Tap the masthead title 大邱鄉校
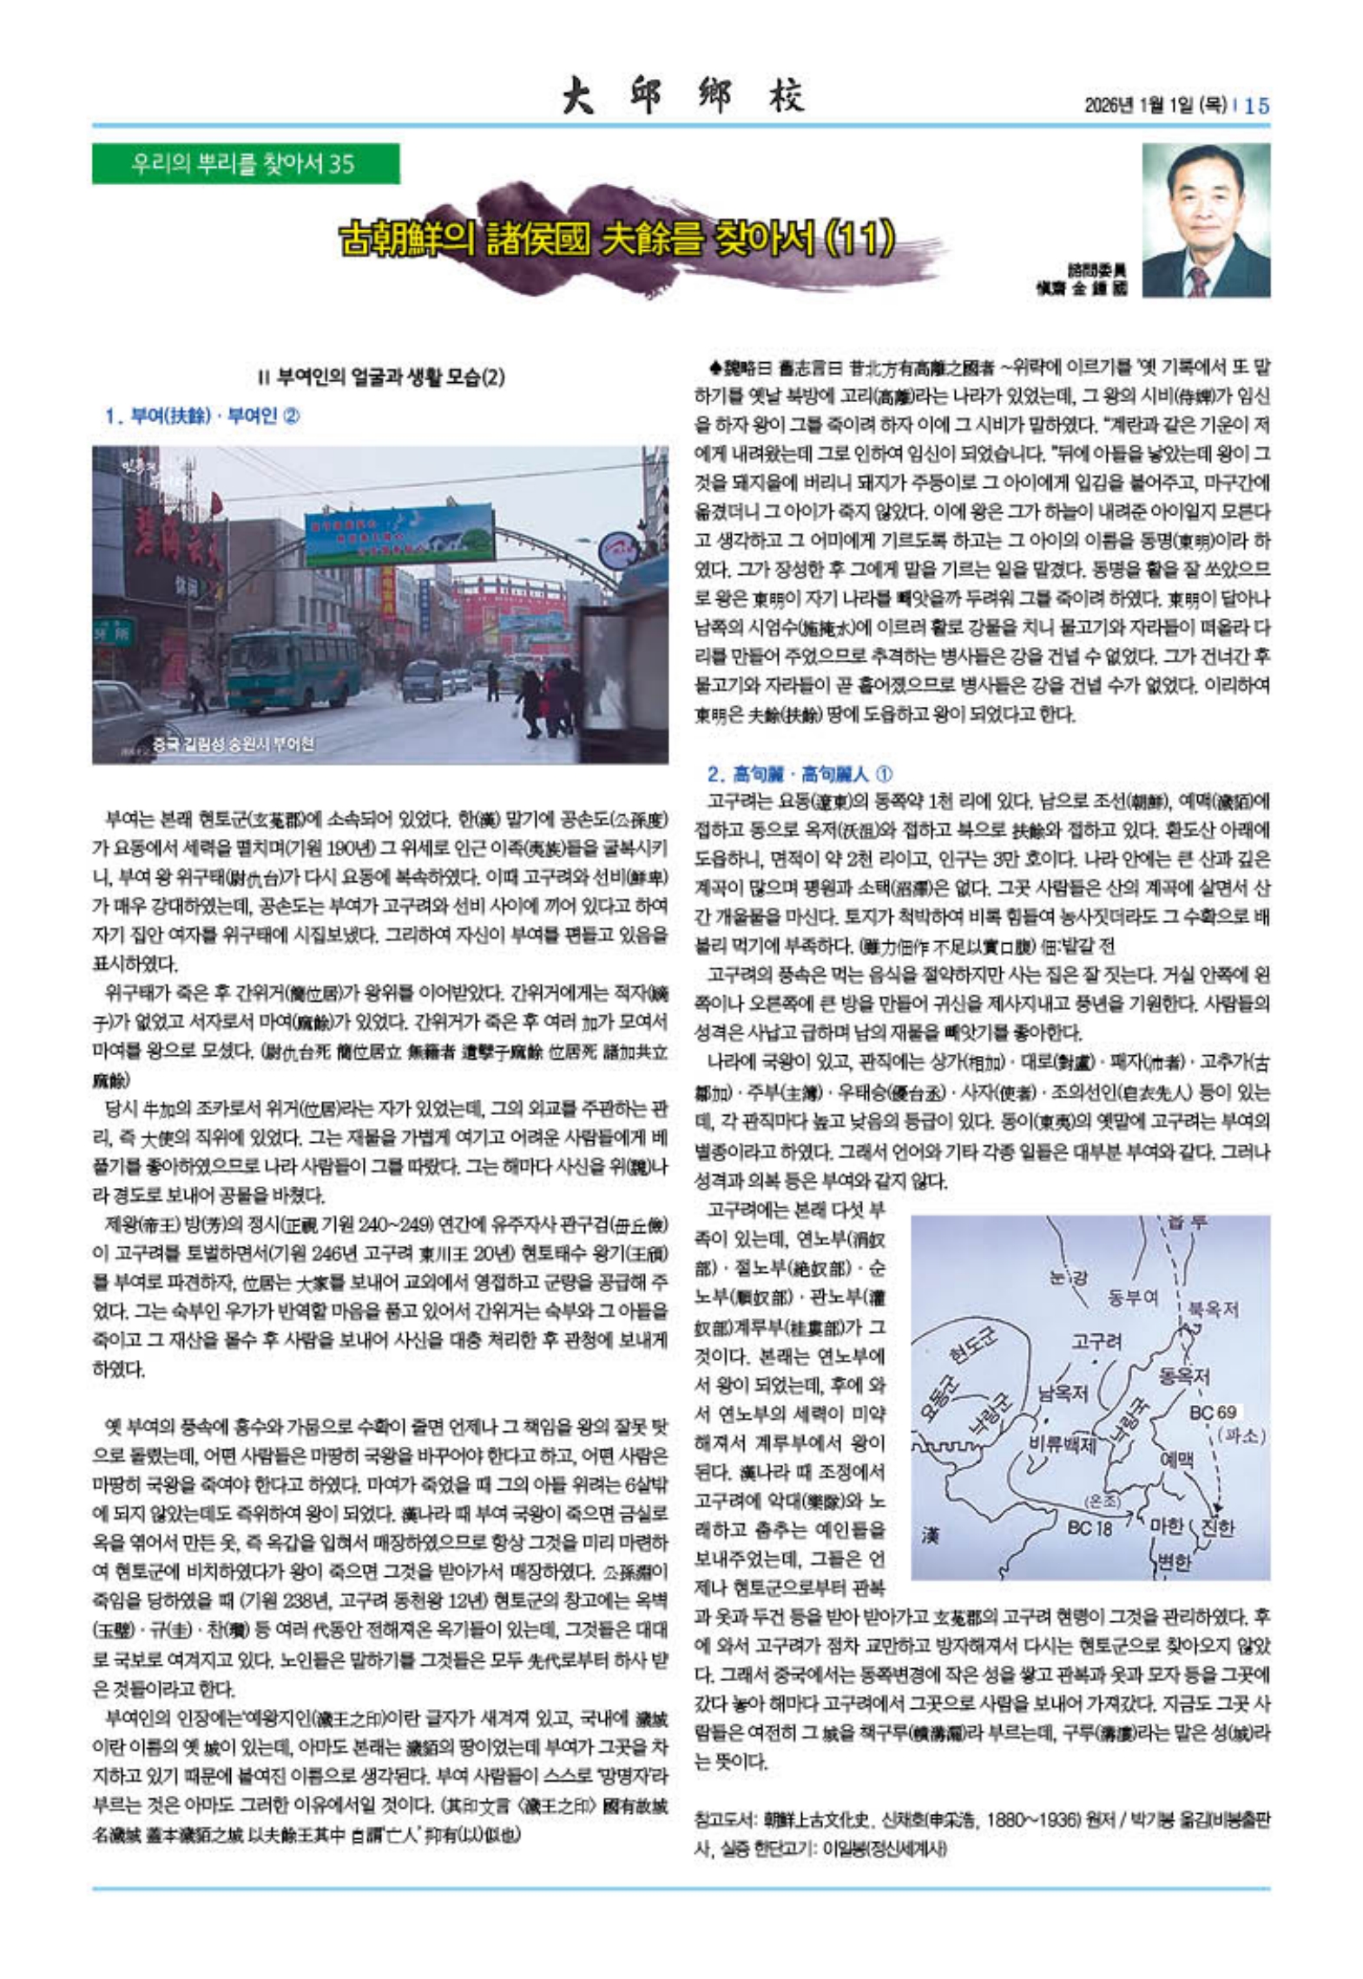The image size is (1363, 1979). (x=682, y=96)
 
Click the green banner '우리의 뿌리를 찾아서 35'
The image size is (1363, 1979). (x=246, y=163)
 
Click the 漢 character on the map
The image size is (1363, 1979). (x=929, y=1535)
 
